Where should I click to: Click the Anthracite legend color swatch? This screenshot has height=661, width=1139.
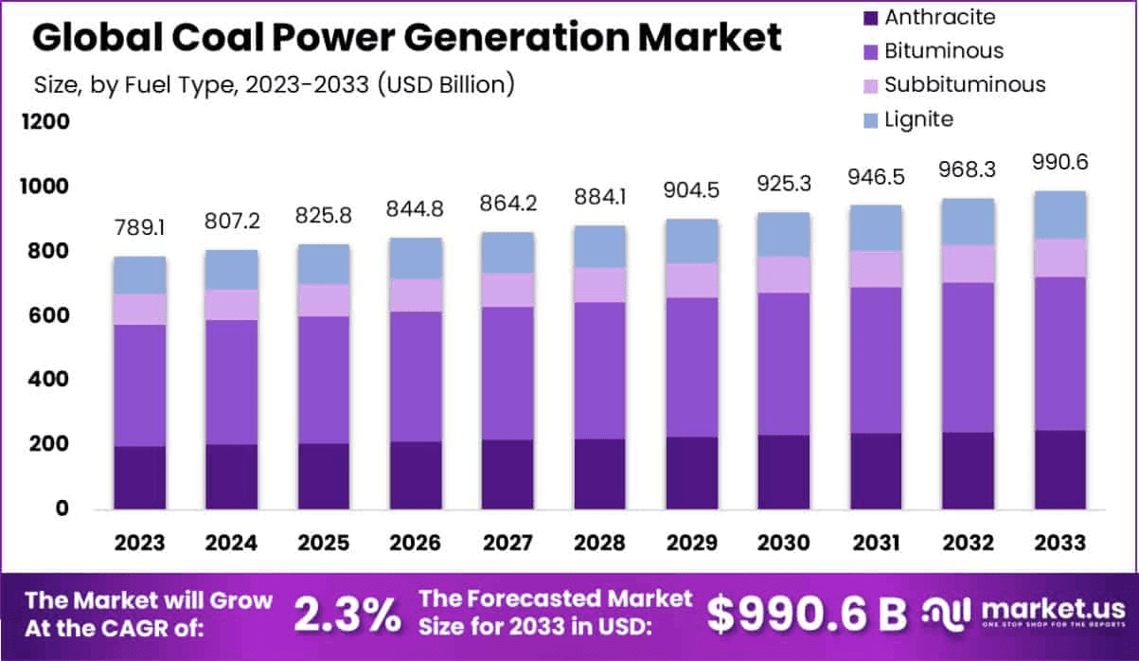click(868, 17)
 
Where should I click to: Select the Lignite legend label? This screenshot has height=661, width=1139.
click(918, 119)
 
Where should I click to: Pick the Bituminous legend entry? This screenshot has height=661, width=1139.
click(943, 50)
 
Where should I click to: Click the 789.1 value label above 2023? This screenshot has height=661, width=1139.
click(140, 230)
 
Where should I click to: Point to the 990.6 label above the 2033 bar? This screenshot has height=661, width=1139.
click(1059, 162)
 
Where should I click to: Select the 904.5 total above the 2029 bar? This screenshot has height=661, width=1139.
click(691, 190)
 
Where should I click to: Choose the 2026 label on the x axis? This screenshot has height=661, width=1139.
click(416, 543)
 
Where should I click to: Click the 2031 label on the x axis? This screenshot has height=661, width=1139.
click(875, 543)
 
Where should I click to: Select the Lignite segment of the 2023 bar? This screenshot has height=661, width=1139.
click(140, 275)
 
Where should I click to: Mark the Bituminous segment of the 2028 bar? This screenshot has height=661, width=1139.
click(599, 369)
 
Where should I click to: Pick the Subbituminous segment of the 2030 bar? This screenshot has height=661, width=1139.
click(783, 275)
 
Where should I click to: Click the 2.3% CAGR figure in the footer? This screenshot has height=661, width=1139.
click(347, 614)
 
